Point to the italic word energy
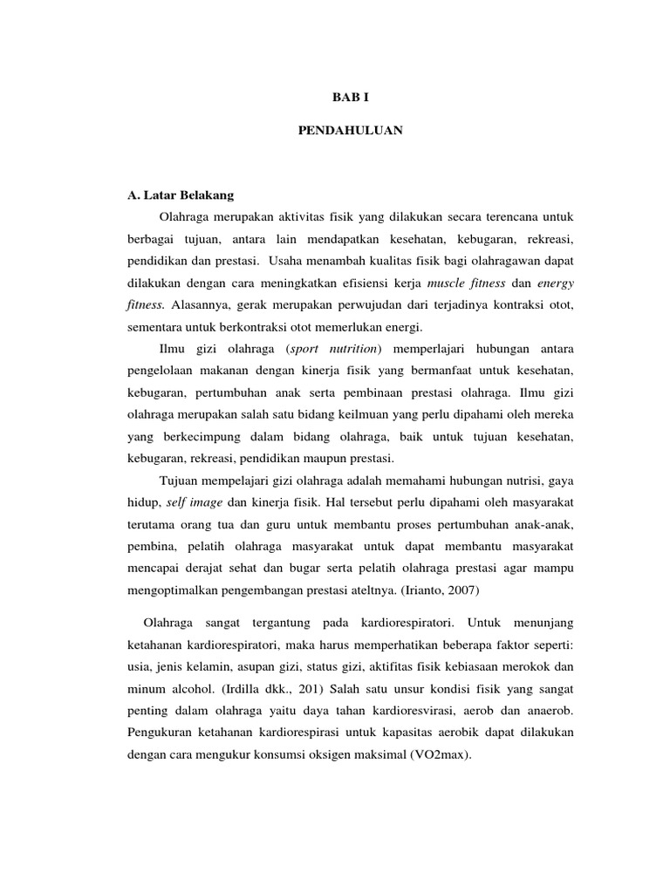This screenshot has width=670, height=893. coord(555,283)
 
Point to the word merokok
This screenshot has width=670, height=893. coord(501,668)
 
